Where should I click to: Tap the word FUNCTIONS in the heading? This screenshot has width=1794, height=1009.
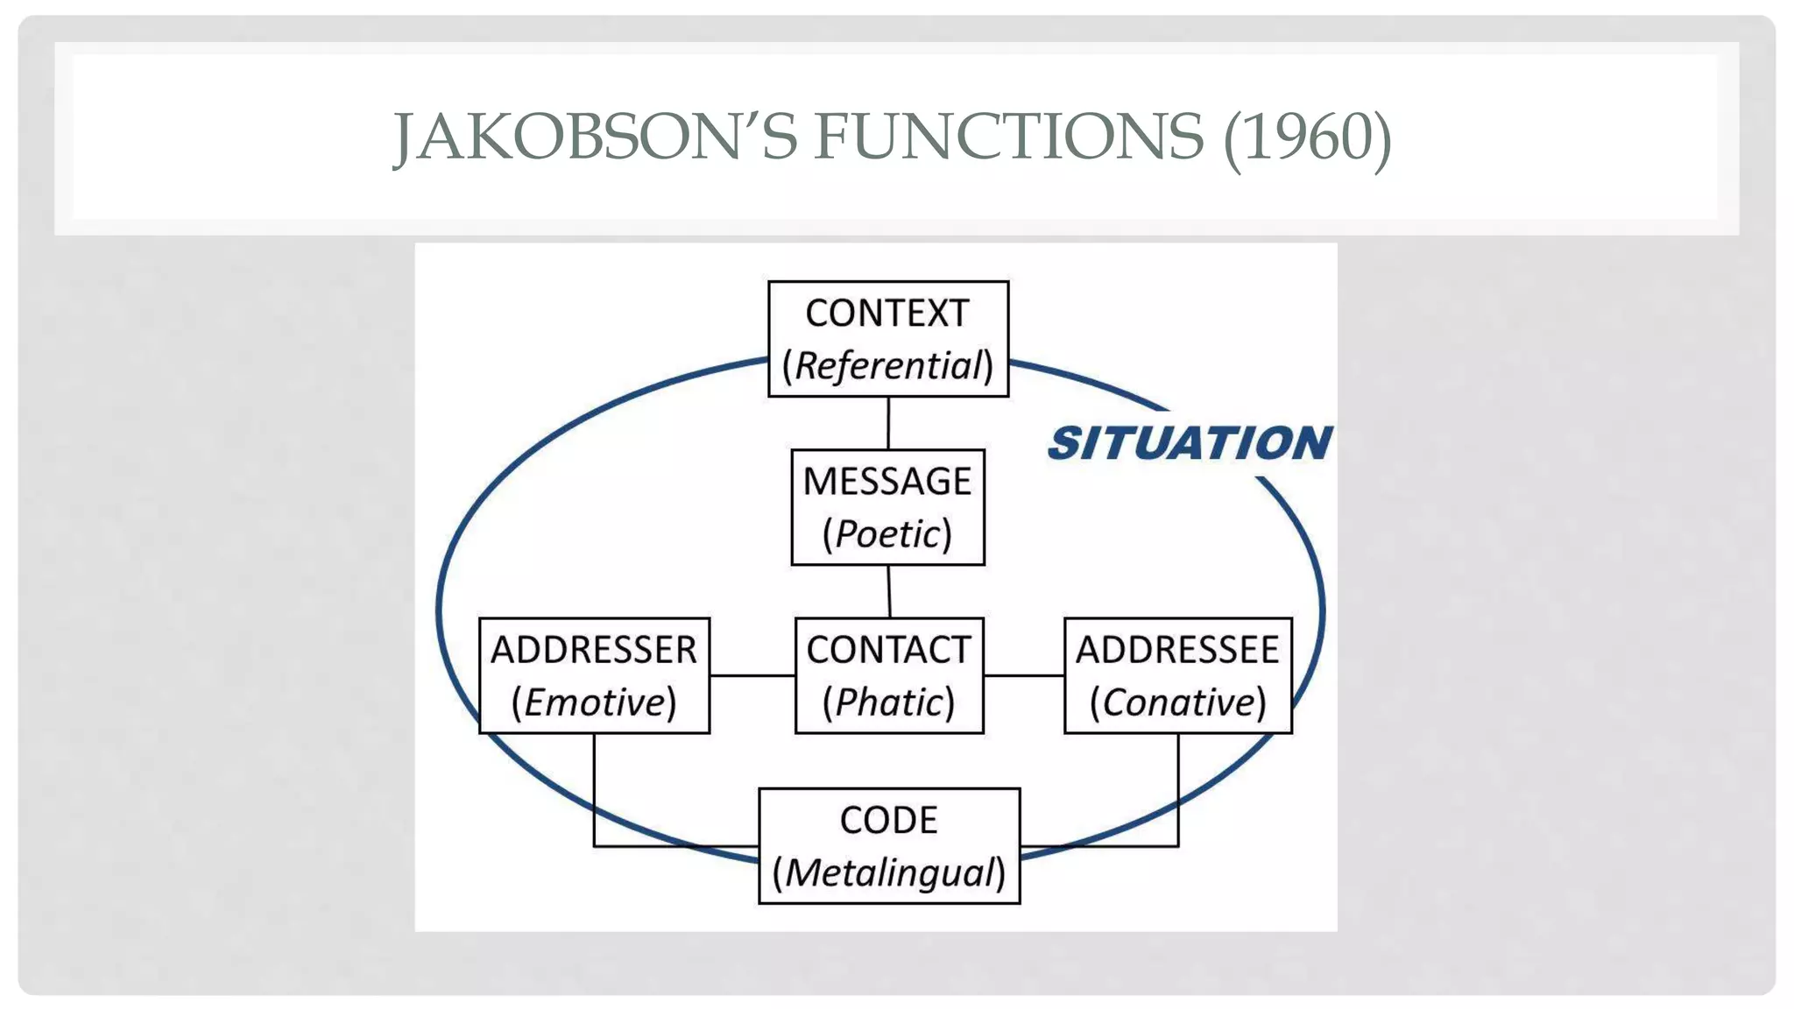pos(1008,138)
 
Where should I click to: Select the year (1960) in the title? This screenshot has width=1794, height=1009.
pos(1307,138)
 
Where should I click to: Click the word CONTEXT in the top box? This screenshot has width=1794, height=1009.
pos(887,314)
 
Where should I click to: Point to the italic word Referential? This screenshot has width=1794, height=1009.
pos(888,366)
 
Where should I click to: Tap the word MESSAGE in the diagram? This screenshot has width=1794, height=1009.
pos(887,482)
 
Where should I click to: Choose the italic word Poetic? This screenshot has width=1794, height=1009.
pos(887,534)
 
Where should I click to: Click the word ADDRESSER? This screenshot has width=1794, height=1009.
pos(594,650)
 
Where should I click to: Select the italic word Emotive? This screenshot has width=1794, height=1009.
pos(594,702)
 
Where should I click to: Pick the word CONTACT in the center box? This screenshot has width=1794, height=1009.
pos(888,650)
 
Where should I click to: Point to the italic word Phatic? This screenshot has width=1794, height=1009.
pos(888,702)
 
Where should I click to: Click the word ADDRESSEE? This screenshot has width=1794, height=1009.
pos(1177,650)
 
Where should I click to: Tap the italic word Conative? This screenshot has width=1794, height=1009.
pos(1178,702)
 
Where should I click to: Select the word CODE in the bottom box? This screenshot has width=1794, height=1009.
pos(888,821)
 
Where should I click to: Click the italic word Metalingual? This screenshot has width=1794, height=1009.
pos(889,873)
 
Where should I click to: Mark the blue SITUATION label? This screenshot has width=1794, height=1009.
pos(1190,443)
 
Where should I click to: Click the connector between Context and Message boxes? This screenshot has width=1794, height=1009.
pos(888,423)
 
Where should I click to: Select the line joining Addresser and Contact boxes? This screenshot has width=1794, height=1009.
pos(752,675)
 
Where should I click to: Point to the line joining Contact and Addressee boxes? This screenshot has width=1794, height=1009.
pos(1024,675)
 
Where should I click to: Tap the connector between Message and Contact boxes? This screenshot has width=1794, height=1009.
pos(889,591)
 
